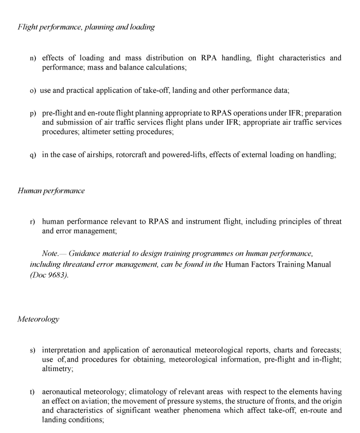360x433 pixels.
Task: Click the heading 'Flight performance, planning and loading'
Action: (86, 27)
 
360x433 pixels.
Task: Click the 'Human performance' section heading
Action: (51, 191)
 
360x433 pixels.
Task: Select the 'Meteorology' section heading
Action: (38, 319)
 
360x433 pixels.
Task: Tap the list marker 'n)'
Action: (33, 58)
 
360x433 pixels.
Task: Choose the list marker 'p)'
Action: (33, 113)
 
